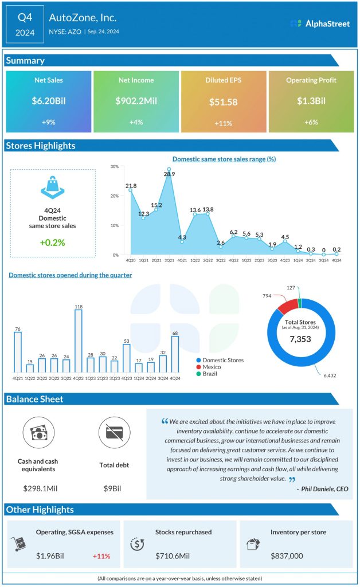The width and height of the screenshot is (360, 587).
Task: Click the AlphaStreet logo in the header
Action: coord(320,24)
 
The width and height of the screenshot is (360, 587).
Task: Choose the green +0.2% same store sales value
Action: coord(53,242)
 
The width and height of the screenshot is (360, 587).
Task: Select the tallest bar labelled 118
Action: coord(78,341)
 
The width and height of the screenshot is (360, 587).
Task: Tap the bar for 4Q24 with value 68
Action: coord(175,354)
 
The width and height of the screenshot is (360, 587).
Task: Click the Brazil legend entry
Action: coord(210,374)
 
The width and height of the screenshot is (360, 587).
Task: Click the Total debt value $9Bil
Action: coord(114,488)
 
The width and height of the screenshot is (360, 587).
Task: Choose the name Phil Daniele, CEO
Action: coord(323,489)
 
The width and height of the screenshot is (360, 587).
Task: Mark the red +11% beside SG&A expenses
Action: coord(101,556)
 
